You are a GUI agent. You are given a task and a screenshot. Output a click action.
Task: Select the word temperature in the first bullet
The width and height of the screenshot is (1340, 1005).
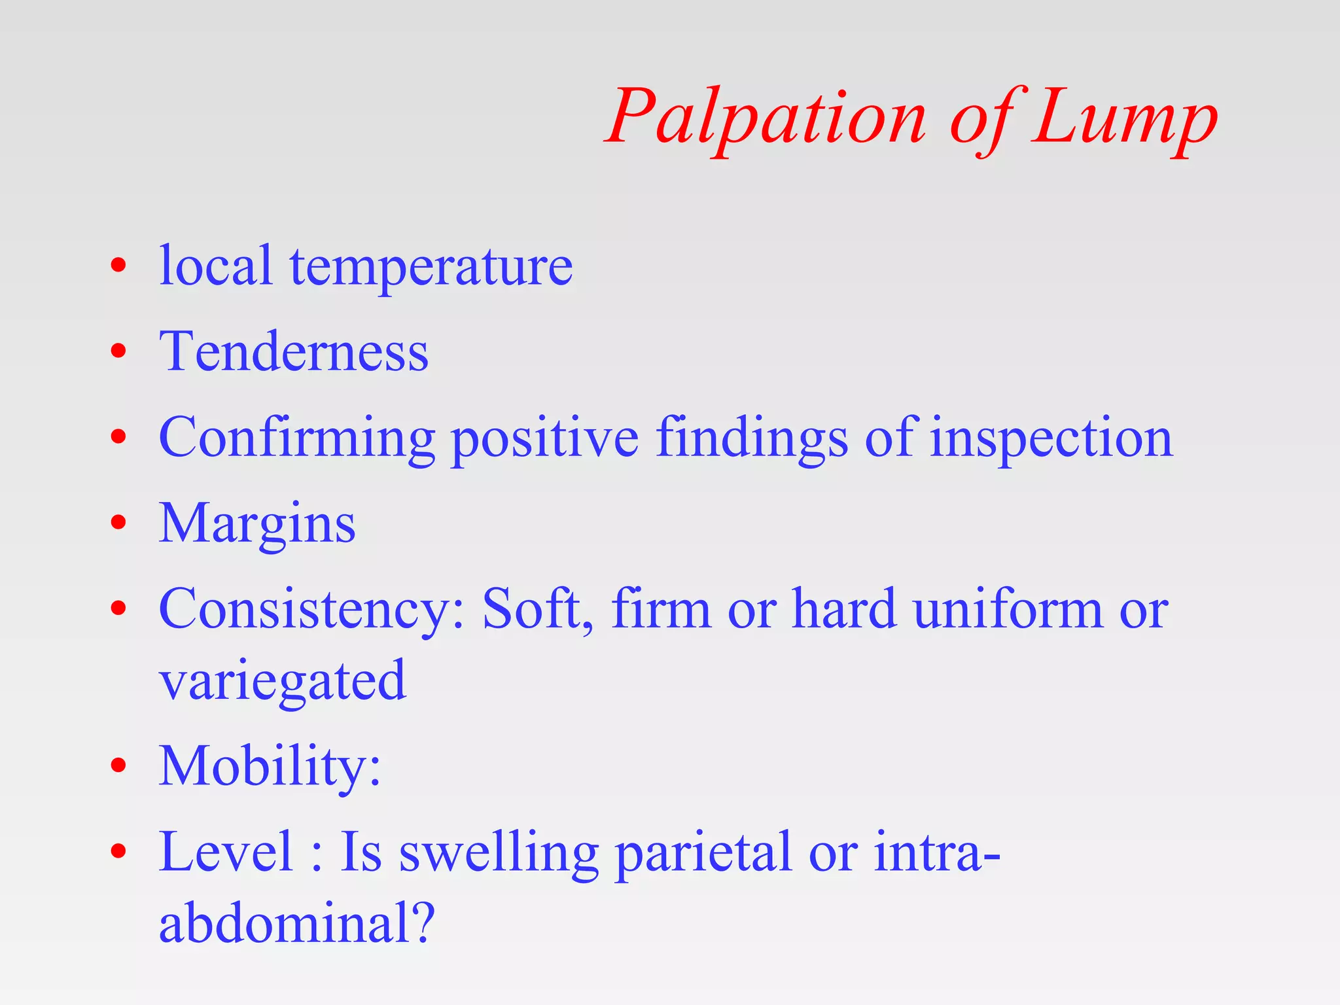coord(431,267)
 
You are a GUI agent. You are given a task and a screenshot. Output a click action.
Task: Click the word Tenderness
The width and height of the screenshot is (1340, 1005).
coord(294,352)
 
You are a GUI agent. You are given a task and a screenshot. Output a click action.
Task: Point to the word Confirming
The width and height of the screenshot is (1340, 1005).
coord(297,438)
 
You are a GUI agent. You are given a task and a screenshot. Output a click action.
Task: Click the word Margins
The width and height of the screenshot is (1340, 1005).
coord(257,524)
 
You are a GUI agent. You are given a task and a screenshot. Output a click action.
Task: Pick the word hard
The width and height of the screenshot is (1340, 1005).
coord(844,609)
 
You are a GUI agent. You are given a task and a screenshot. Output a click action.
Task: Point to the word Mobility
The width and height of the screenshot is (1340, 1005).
coord(269,766)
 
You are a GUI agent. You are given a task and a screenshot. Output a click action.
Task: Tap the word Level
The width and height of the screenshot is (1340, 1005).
coord(226,851)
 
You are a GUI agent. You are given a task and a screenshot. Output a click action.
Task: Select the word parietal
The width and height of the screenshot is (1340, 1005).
coord(703,853)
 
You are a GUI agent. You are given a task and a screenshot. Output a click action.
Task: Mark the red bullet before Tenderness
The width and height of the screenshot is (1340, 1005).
coord(118,352)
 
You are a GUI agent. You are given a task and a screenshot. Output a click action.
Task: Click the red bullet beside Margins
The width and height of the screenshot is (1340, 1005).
coord(118,523)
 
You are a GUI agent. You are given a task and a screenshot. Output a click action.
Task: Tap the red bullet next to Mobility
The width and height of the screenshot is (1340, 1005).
coord(118,765)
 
